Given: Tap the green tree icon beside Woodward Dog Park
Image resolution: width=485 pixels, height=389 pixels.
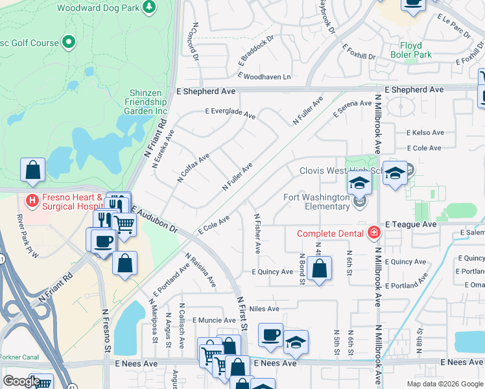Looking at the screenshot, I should point(150,7).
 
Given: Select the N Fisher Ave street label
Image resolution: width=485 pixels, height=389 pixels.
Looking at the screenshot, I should point(257,233).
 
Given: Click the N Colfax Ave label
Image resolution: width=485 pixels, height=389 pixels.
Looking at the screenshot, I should point(194,167).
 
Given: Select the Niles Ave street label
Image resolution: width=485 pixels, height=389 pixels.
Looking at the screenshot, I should point(264,309).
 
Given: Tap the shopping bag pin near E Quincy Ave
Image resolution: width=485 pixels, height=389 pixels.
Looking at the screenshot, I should point(319,268).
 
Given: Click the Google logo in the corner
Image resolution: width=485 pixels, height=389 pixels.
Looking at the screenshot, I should point(21,381).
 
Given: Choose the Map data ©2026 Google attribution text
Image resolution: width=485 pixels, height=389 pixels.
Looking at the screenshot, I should point(445,384).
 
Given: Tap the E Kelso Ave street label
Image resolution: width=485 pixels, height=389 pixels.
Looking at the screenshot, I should point(425,132).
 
